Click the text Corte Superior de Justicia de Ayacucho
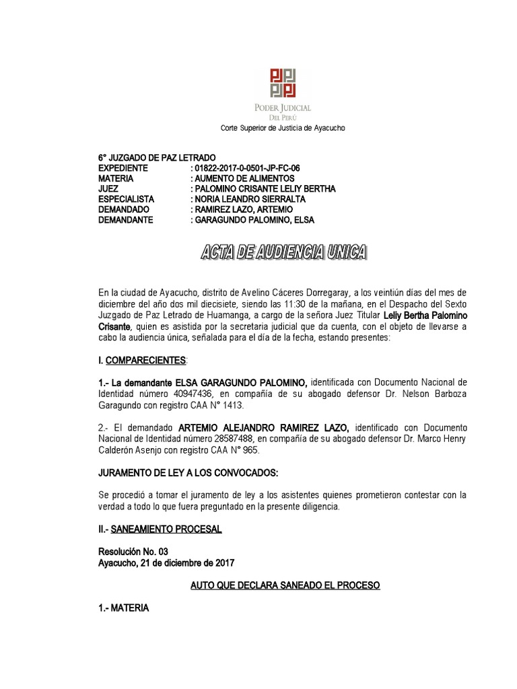tap(284, 129)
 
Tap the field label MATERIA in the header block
tap(116, 178)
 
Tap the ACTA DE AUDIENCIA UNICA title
tap(284, 254)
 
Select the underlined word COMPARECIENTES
tap(144, 361)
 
